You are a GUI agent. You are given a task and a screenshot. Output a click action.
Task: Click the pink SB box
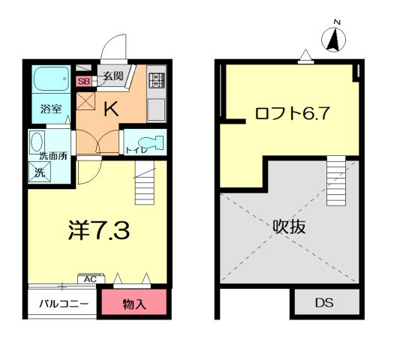click(84, 81)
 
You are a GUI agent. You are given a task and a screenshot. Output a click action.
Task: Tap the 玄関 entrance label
click(113, 76)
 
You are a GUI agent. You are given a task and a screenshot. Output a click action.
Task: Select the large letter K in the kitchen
click(112, 109)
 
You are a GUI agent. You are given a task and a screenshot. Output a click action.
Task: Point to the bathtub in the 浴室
click(52, 79)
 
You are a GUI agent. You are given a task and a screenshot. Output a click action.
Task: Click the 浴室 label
click(51, 109)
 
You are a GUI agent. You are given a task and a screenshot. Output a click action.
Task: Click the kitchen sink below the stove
click(156, 109)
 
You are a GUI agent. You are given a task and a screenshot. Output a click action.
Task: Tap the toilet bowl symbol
click(151, 142)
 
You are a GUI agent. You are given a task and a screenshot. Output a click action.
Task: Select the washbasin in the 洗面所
click(38, 142)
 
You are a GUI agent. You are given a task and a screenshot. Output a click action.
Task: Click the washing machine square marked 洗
click(40, 172)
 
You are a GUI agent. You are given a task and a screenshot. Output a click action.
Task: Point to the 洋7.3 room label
click(99, 230)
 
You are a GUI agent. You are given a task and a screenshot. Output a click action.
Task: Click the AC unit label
click(91, 280)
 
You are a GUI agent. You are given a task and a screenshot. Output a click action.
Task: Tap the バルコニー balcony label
click(64, 304)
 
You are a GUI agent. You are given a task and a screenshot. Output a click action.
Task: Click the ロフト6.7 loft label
click(293, 113)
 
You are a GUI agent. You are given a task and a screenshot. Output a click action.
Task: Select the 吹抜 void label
click(289, 226)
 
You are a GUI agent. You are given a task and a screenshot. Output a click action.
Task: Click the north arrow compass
click(334, 40)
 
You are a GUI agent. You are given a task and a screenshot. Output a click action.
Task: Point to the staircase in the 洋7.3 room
click(145, 182)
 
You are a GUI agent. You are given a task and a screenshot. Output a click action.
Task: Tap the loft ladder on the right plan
click(336, 181)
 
